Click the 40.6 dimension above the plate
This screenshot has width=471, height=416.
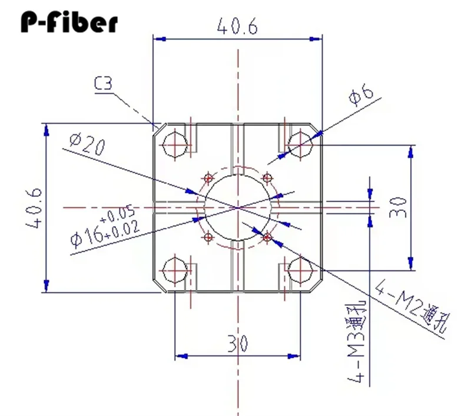[237, 27]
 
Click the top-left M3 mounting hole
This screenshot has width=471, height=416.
[175, 143]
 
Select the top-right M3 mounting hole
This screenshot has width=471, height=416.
[300, 143]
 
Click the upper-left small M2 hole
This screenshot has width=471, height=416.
[208, 177]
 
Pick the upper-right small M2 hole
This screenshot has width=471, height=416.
[267, 177]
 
